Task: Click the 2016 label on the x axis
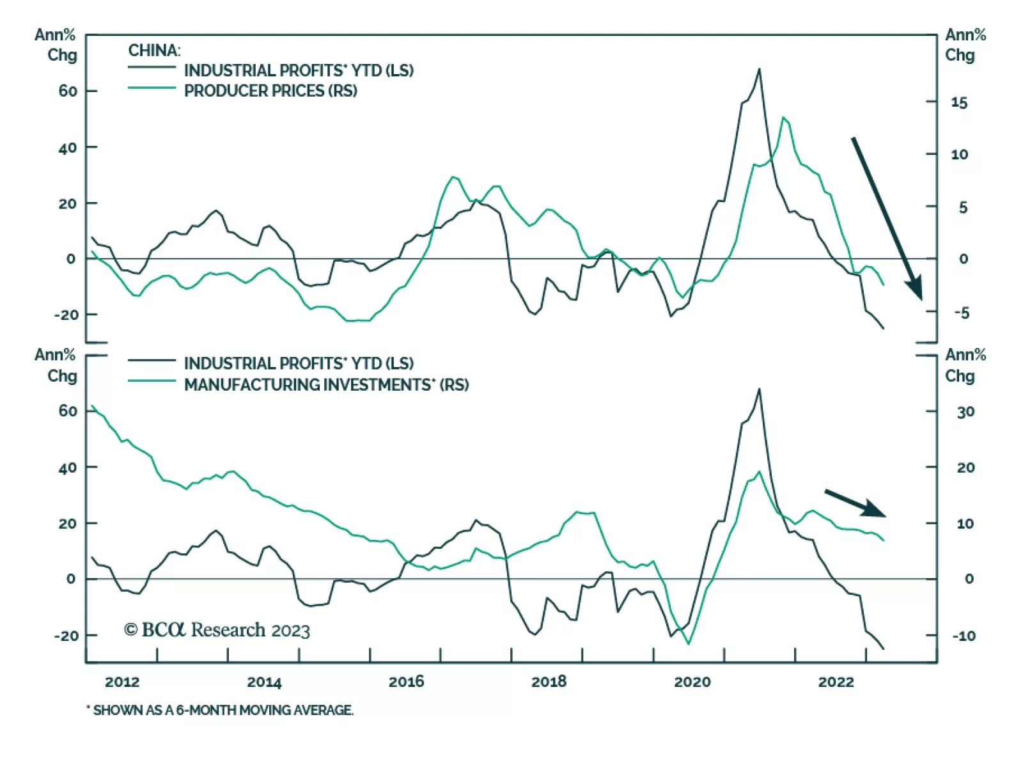[406, 682]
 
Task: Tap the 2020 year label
[692, 682]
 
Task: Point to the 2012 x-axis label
[122, 682]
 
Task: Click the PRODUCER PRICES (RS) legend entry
[270, 91]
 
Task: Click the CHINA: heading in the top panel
[154, 50]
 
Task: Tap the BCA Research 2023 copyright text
[217, 630]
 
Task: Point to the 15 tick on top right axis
[959, 102]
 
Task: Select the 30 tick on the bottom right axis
[965, 412]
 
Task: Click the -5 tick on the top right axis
[961, 313]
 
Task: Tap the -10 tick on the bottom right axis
[964, 636]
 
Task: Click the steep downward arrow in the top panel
[887, 217]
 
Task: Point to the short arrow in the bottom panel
[855, 503]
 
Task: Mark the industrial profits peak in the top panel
[760, 69]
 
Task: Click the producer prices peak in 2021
[784, 118]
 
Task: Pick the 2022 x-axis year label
[836, 682]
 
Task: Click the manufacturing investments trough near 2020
[689, 643]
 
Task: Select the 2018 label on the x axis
[549, 682]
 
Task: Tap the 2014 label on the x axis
[264, 682]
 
